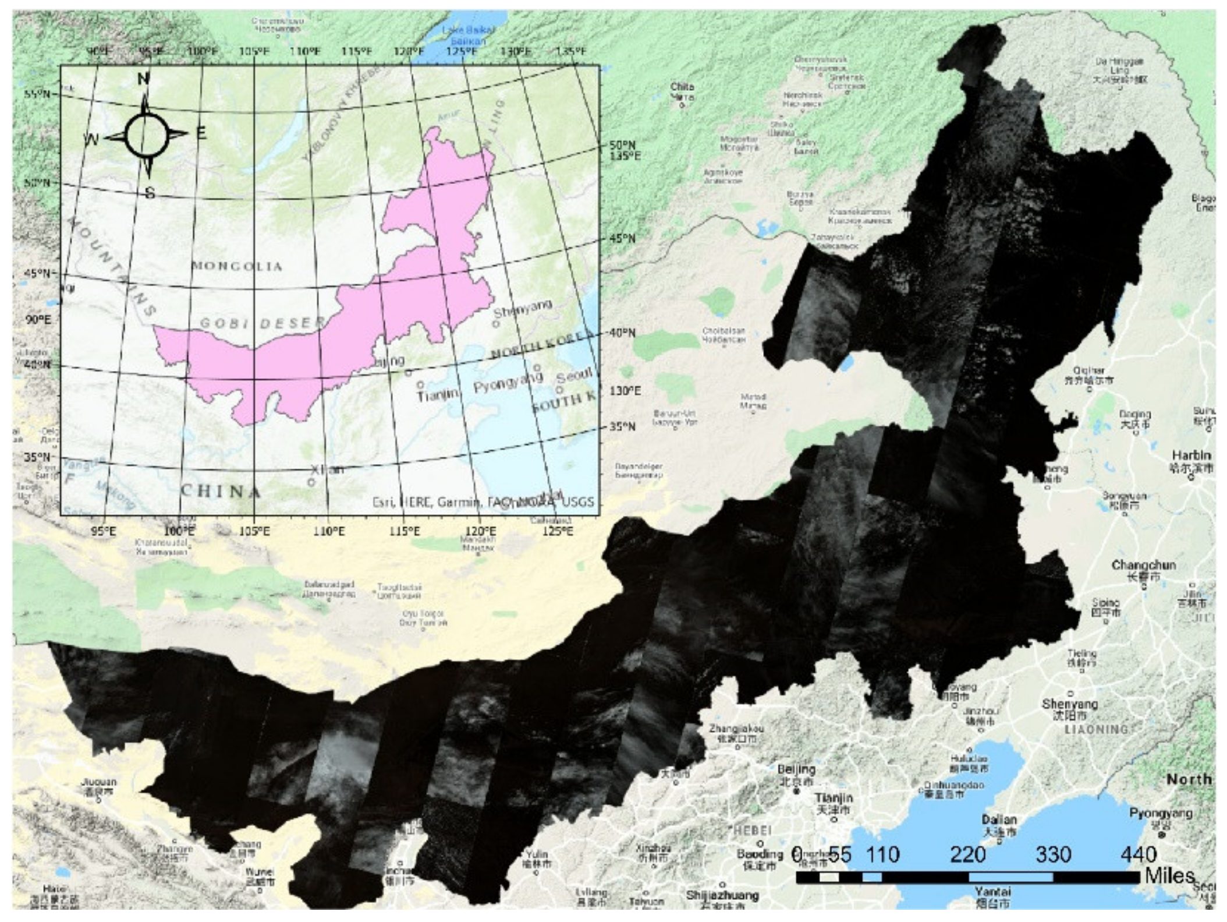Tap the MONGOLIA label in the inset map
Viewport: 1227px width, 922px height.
coord(237,266)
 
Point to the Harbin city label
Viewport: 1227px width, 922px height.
coord(1191,455)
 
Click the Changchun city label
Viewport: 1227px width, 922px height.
coord(1143,564)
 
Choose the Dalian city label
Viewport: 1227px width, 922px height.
coord(999,819)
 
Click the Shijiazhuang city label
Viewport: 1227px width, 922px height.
coord(722,895)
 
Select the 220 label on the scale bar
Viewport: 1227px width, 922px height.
coord(967,854)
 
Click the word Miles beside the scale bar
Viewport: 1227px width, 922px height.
coord(1169,875)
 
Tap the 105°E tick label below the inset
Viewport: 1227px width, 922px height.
coord(254,531)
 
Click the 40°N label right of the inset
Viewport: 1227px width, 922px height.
coord(622,333)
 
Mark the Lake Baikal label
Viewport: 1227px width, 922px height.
coord(468,30)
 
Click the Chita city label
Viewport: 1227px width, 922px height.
coord(682,87)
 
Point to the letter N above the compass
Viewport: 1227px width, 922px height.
coord(143,78)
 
